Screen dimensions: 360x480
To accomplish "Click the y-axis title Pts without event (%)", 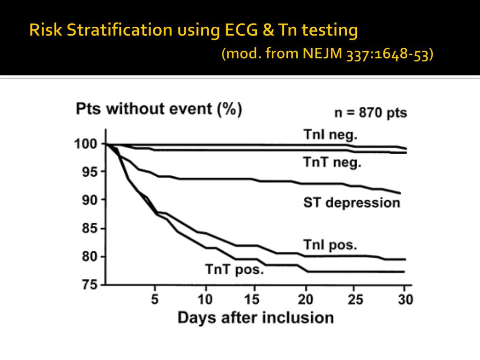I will (x=159, y=109).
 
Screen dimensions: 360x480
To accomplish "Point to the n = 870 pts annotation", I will (x=370, y=113).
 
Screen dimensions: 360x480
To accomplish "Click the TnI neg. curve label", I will (x=330, y=135).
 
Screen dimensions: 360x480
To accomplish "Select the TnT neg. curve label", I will (x=332, y=163).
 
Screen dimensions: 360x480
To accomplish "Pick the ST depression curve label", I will (x=352, y=202).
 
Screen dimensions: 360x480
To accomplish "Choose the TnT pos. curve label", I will (x=234, y=270).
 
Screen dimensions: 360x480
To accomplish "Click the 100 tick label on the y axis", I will (x=86, y=144).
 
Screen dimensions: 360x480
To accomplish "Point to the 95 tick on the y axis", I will (x=90, y=172).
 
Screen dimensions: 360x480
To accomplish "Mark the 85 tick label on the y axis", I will (x=90, y=229).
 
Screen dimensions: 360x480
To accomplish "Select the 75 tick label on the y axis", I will (x=90, y=285).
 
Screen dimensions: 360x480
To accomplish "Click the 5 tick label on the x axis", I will (x=155, y=299).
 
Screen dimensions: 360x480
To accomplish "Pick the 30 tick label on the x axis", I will (x=405, y=299).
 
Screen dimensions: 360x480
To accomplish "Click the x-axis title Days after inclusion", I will (x=255, y=317).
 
